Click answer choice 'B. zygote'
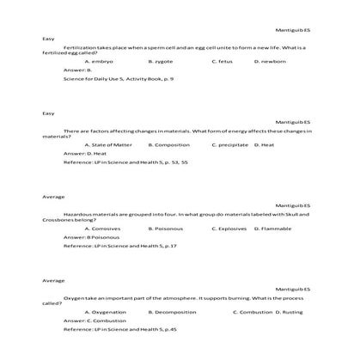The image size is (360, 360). coord(161,62)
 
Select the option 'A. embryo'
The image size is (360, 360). coord(99,62)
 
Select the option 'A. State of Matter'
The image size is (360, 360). coord(107,145)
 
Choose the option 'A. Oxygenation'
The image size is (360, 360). coord(107,312)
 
